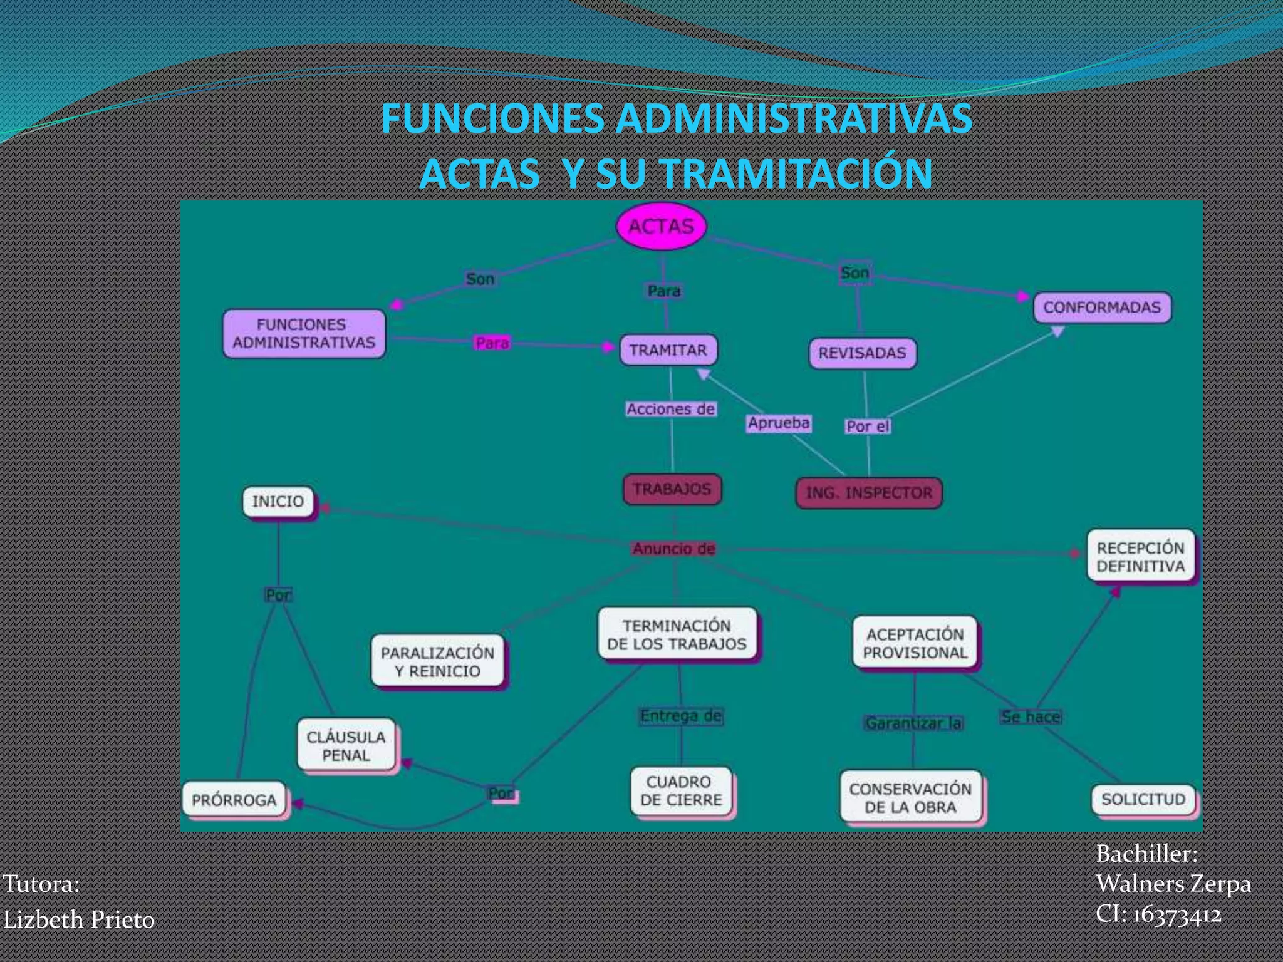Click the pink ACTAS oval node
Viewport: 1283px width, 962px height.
click(x=661, y=226)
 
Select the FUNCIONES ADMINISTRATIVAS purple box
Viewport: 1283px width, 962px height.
click(x=304, y=334)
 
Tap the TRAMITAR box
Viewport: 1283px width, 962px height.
click(x=668, y=350)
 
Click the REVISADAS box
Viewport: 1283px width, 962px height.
click(x=862, y=353)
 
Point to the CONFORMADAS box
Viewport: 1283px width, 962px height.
click(x=1101, y=308)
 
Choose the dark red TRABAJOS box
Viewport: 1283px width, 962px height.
click(x=672, y=489)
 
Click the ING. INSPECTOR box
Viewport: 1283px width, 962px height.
click(x=869, y=493)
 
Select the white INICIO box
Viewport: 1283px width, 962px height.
click(x=278, y=502)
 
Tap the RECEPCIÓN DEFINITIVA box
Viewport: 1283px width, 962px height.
click(x=1140, y=557)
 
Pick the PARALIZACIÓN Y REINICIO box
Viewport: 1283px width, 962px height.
click(x=438, y=662)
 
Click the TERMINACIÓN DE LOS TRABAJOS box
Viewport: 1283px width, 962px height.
click(x=677, y=635)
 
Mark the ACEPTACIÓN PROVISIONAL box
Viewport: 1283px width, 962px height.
click(x=915, y=644)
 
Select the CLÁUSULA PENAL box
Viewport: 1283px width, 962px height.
click(x=346, y=746)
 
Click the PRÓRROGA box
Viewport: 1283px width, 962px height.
click(x=234, y=800)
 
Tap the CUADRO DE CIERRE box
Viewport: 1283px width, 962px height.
click(x=681, y=791)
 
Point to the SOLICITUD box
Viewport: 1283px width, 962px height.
click(x=1143, y=800)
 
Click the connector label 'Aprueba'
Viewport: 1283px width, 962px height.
click(x=779, y=423)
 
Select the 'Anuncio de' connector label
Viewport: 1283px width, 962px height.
click(x=673, y=549)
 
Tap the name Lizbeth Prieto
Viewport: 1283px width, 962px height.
click(x=80, y=919)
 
